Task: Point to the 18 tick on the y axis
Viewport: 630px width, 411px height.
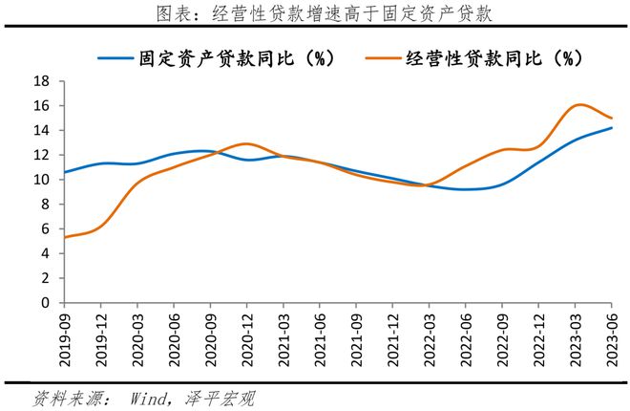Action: click(42, 81)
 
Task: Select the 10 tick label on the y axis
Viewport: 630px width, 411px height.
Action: click(42, 180)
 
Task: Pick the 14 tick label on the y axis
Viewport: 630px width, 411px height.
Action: click(42, 130)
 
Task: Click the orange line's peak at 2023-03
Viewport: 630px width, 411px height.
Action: click(576, 105)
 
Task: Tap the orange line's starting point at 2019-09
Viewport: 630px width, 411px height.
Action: click(65, 237)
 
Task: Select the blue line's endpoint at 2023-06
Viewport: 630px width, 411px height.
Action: click(611, 128)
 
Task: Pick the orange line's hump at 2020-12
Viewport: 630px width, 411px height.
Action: click(245, 144)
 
